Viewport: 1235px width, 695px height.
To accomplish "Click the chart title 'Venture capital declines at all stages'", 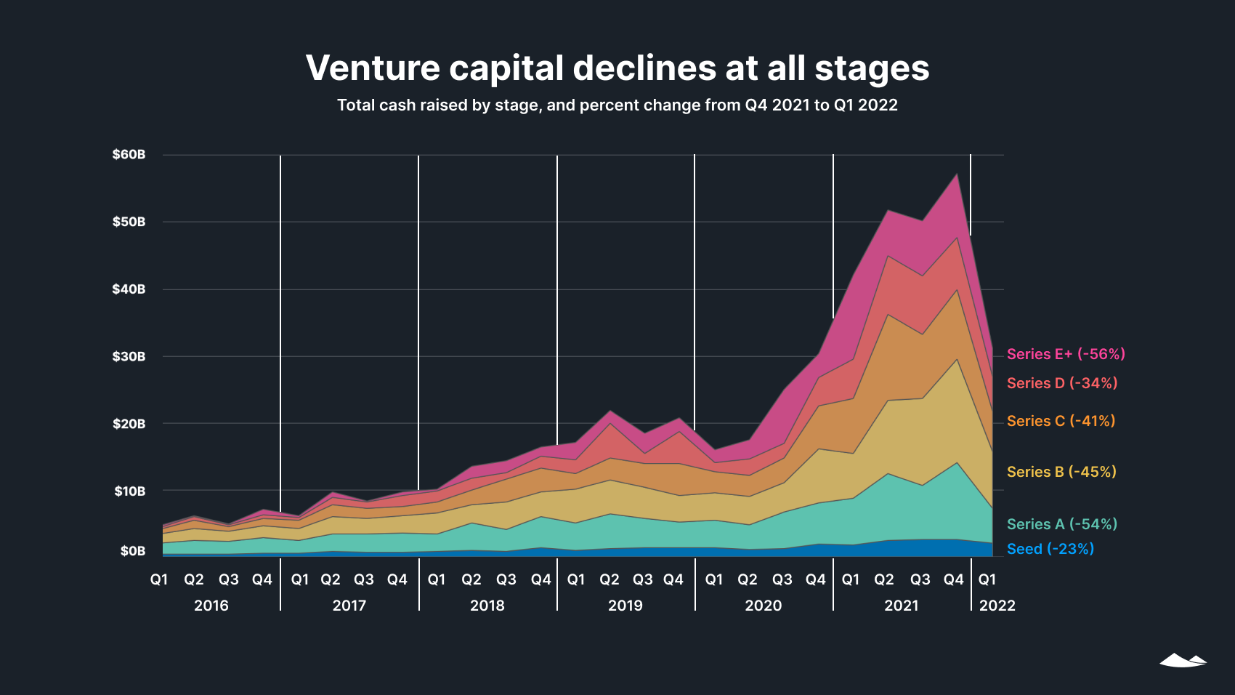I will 617,68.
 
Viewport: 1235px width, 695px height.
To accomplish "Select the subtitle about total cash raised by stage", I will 617,105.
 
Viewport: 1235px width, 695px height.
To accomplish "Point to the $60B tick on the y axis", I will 129,155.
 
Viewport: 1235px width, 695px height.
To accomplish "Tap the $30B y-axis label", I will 129,357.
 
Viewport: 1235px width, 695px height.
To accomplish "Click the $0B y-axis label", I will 133,551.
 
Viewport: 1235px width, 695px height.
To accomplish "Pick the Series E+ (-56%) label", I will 1066,354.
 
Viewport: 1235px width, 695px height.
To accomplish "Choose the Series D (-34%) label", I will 1062,383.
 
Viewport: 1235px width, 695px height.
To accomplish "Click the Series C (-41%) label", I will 1061,421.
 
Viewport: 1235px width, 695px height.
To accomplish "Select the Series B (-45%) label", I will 1061,472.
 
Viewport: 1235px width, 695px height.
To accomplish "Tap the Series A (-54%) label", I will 1062,524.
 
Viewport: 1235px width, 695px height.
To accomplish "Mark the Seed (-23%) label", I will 1050,549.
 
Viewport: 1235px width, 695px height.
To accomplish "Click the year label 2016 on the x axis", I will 211,606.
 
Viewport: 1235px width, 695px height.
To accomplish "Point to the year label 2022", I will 997,606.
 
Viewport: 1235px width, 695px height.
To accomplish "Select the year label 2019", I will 625,606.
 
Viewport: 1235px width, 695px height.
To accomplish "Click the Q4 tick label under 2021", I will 953,579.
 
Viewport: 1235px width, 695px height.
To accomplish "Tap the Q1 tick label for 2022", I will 987,579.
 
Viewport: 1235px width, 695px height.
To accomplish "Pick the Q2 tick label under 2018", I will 471,579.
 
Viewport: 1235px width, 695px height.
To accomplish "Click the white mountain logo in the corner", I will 1183,660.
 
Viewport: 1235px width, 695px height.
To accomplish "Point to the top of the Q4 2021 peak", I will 957,174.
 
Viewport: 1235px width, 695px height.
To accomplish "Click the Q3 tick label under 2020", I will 782,579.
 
